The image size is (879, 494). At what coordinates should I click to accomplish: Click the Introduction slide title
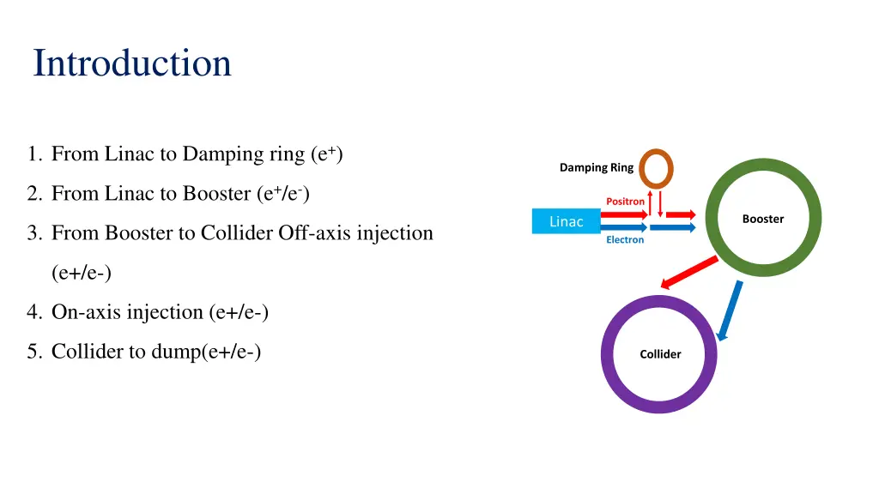132,63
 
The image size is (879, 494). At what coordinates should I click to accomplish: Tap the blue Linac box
567,221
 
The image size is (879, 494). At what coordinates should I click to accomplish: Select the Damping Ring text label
597,167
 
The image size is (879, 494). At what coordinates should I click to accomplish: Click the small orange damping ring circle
656,169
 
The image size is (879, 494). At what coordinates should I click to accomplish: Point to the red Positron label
625,201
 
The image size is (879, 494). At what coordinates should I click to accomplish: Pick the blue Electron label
625,240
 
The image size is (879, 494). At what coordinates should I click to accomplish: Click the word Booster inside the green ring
763,219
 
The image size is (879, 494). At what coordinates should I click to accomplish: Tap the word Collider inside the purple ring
660,354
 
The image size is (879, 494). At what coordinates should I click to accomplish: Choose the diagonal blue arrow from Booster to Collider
730,310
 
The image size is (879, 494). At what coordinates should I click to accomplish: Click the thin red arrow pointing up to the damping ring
651,203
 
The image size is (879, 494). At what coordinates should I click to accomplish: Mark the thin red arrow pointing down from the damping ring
660,204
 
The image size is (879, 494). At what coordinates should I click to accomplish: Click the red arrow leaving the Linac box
624,214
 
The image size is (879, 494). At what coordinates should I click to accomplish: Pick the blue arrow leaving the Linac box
624,227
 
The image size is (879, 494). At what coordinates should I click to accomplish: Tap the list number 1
34,154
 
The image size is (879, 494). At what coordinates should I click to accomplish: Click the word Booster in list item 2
217,193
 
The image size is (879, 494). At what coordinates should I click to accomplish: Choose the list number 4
34,312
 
